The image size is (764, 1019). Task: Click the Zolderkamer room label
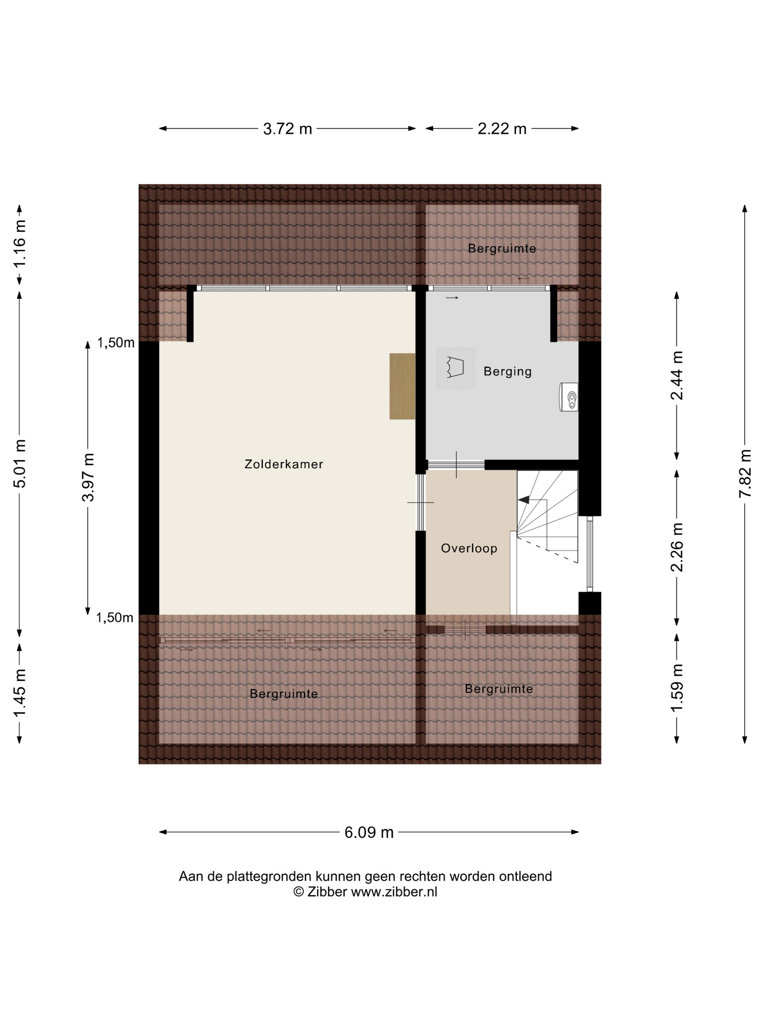pyautogui.click(x=284, y=464)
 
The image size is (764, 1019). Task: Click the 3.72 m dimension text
pyautogui.click(x=287, y=129)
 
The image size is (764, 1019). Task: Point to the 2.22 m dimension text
pyautogui.click(x=502, y=129)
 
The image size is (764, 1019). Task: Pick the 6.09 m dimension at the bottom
pyautogui.click(x=369, y=832)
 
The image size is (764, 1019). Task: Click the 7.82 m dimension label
pyautogui.click(x=745, y=473)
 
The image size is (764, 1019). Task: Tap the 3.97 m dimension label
pyautogui.click(x=88, y=477)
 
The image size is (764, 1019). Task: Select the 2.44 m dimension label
pyautogui.click(x=676, y=376)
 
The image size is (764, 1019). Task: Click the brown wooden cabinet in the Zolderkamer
pyautogui.click(x=402, y=386)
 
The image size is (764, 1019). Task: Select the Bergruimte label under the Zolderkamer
pyautogui.click(x=284, y=693)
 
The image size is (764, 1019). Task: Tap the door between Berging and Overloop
pyautogui.click(x=456, y=464)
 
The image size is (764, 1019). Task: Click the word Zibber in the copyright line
pyautogui.click(x=327, y=892)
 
